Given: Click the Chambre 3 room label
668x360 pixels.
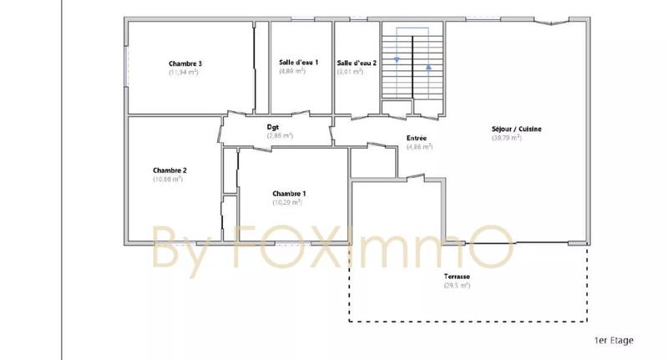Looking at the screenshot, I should (x=185, y=63).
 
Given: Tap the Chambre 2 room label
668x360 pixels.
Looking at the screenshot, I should (x=170, y=170).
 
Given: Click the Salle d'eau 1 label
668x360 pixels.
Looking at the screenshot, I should (x=292, y=63).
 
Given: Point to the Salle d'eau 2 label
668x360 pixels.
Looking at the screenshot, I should (x=357, y=63).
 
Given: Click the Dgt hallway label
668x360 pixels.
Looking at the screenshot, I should (x=272, y=127).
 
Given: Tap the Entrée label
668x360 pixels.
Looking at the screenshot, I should (x=417, y=138).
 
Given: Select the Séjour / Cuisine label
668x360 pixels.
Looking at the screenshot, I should (x=517, y=129).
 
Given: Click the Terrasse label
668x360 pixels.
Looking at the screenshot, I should (x=457, y=276).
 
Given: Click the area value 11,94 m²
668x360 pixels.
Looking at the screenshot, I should (x=183, y=73).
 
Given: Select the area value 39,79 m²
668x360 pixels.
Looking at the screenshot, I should (x=507, y=138).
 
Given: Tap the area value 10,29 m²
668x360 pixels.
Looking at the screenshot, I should (x=286, y=202).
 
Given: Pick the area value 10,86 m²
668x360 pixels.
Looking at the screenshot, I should (x=168, y=179).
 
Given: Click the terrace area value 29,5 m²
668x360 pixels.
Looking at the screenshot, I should (x=457, y=286).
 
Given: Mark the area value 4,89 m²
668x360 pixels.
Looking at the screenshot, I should (x=292, y=72).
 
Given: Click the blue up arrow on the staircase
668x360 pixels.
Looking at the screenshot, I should (x=428, y=66).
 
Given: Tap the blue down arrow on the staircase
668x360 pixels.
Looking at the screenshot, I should (x=397, y=59).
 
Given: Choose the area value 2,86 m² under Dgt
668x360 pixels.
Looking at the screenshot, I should (x=280, y=135).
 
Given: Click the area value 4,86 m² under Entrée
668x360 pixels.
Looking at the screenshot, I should (x=419, y=147).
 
